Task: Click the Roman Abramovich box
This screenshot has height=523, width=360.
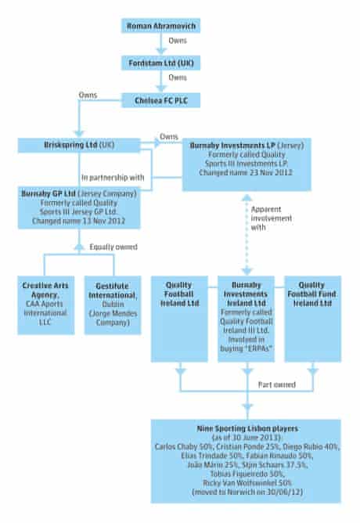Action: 160,26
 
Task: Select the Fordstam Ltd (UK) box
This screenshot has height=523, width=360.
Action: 160,63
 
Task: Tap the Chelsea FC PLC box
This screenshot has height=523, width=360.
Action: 160,100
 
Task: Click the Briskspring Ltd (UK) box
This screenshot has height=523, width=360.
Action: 79,145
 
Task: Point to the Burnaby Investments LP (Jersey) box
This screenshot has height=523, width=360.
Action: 247,164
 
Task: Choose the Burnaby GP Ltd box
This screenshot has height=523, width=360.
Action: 79,207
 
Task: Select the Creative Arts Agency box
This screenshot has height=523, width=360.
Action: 46,305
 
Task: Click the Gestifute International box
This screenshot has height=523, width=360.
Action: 113,305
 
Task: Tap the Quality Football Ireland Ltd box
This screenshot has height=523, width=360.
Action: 179,319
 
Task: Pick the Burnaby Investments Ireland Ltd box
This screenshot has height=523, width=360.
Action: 246,319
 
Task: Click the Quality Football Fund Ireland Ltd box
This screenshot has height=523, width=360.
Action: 313,319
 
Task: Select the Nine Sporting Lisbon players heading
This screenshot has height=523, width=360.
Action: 247,428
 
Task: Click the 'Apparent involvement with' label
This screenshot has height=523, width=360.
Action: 272,218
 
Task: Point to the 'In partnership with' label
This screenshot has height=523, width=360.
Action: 113,178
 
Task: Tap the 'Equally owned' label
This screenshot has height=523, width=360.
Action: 113,247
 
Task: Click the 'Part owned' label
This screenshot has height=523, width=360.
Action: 277,384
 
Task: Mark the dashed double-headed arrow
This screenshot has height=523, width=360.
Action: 247,235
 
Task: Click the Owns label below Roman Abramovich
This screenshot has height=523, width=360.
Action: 178,41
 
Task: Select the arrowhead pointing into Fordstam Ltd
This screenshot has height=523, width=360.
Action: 161,51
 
